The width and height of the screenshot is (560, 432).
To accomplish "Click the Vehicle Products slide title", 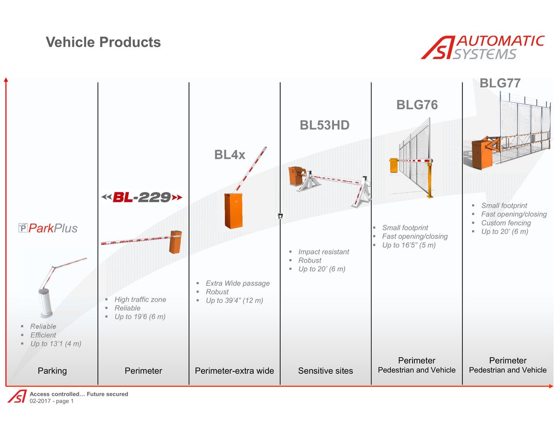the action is click(103, 42).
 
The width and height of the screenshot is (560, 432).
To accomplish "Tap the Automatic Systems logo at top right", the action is click(483, 47).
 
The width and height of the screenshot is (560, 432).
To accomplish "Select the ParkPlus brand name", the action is click(48, 228).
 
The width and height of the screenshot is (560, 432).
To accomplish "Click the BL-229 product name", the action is click(142, 197).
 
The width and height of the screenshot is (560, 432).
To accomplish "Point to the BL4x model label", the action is click(230, 155).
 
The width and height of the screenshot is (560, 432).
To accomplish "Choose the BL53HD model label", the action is click(324, 125).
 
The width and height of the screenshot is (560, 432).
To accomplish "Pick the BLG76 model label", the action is click(417, 105).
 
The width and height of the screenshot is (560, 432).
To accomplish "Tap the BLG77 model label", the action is click(500, 83).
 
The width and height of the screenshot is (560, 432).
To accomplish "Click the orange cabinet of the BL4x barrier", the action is click(234, 210).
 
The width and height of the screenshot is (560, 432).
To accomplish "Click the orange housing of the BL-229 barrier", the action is click(175, 242).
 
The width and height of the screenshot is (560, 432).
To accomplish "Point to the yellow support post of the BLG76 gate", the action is click(429, 179).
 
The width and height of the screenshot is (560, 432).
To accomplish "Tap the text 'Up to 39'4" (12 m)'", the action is click(234, 300).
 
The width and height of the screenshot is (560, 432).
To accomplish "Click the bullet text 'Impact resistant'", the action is click(324, 252).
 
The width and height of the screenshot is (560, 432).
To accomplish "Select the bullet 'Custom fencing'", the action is click(506, 223).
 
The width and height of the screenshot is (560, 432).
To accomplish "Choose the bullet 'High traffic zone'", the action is click(140, 300).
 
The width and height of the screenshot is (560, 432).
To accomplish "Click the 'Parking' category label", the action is click(52, 371).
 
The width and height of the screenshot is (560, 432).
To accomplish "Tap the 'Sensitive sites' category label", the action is click(325, 371).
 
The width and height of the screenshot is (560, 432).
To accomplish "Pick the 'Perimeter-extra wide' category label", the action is click(234, 371).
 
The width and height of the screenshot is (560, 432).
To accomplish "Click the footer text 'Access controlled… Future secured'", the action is click(78, 394).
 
